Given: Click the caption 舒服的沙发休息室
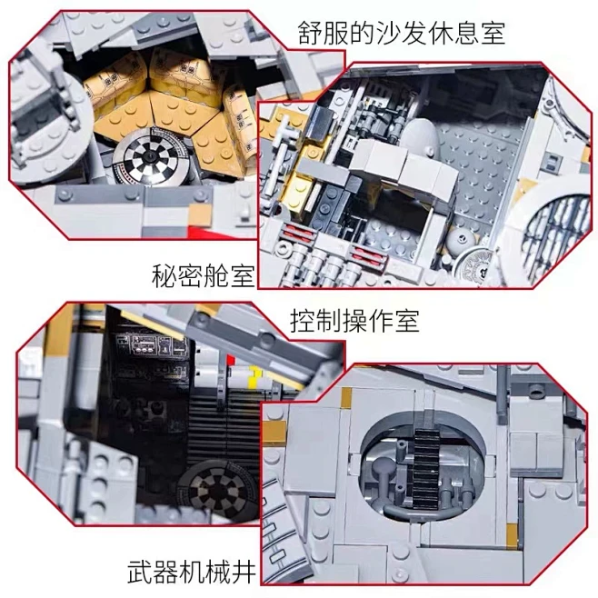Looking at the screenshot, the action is click(401, 33).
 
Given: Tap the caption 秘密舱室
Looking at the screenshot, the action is click(203, 275).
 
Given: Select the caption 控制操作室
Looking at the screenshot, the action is click(354, 322).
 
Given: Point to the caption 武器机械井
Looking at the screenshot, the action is click(192, 572).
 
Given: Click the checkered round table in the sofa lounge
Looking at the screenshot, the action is click(149, 157).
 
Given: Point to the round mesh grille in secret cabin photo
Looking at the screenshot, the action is click(555, 233).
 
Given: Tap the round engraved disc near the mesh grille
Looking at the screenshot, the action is click(475, 265).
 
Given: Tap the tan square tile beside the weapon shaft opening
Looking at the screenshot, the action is click(346, 397).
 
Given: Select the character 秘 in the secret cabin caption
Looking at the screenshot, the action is click(164, 275).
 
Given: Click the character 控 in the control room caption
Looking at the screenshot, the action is click(303, 322).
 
